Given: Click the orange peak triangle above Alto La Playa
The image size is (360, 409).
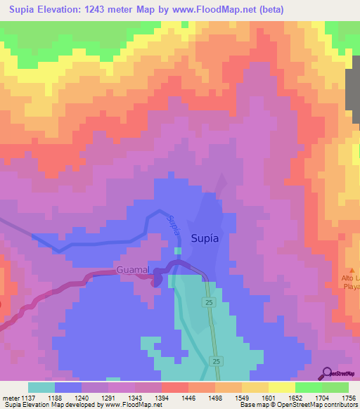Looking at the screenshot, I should pyautogui.click(x=354, y=271).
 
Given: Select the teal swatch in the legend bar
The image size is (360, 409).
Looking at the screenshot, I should pyautogui.click(x=41, y=387).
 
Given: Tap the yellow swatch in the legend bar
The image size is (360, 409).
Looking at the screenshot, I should pyautogui.click(x=282, y=387).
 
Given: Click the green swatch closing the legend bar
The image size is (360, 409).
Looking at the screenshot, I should pyautogui.click(x=335, y=387).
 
